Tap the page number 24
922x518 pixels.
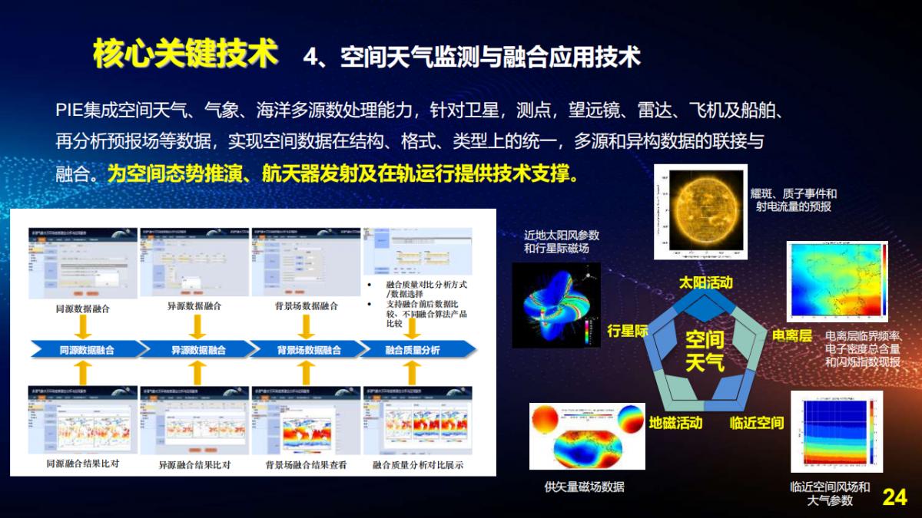pos(894,497)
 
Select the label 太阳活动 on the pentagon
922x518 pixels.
pos(705,282)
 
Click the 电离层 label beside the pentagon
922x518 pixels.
pos(791,336)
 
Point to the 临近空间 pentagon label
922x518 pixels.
pos(756,423)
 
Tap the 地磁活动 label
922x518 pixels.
pos(675,423)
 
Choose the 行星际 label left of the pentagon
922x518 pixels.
pos(628,332)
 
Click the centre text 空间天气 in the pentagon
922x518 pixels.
pos(705,350)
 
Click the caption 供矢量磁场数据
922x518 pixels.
pos(584,487)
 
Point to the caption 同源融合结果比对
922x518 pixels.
pos(83,464)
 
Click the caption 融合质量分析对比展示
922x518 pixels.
pos(418,464)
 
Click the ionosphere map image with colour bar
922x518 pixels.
pos(837,284)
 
